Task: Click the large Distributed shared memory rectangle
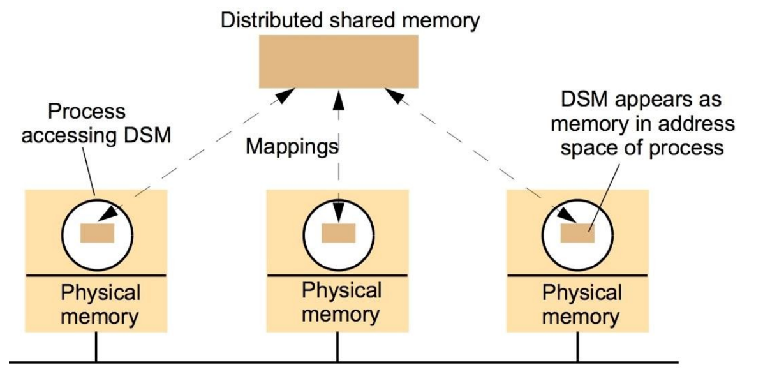coord(338,61)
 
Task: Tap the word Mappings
coord(291,147)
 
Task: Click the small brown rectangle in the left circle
coord(97,233)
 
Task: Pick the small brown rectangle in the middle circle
coord(338,234)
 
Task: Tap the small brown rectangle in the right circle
coord(577,233)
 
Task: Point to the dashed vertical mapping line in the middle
coord(337,172)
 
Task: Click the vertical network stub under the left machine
coord(96,348)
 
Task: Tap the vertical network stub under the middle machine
coord(337,348)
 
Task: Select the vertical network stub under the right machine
coord(577,348)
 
